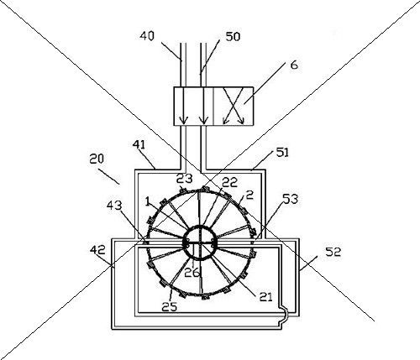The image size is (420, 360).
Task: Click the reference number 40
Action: pyautogui.click(x=147, y=36)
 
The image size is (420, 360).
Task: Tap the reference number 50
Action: pyautogui.click(x=233, y=37)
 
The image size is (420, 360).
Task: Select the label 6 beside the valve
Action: pyautogui.click(x=294, y=65)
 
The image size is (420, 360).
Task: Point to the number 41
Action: pyautogui.click(x=139, y=145)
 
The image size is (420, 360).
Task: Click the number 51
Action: pyautogui.click(x=282, y=153)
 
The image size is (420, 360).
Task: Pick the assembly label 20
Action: pyautogui.click(x=97, y=159)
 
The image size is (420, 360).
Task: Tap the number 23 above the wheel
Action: pyautogui.click(x=185, y=179)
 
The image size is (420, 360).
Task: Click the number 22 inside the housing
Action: pyautogui.click(x=229, y=183)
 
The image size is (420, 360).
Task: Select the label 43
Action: pyautogui.click(x=114, y=206)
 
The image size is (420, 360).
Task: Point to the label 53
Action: pyautogui.click(x=291, y=200)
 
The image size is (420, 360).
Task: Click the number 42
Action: pyautogui.click(x=97, y=249)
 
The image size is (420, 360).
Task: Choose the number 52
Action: pyautogui.click(x=333, y=252)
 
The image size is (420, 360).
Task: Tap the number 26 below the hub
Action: pyautogui.click(x=192, y=272)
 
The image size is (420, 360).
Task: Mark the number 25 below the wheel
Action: pyautogui.click(x=170, y=307)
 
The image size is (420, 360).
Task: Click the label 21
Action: pyautogui.click(x=265, y=297)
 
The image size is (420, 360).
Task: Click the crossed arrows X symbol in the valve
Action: pyautogui.click(x=234, y=106)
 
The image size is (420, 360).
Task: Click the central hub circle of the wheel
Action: pyautogui.click(x=200, y=243)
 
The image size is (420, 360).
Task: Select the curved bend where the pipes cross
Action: pyautogui.click(x=285, y=316)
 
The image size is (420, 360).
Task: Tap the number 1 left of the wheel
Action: pyautogui.click(x=148, y=202)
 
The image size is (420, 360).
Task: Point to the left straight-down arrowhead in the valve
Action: pyautogui.click(x=183, y=120)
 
